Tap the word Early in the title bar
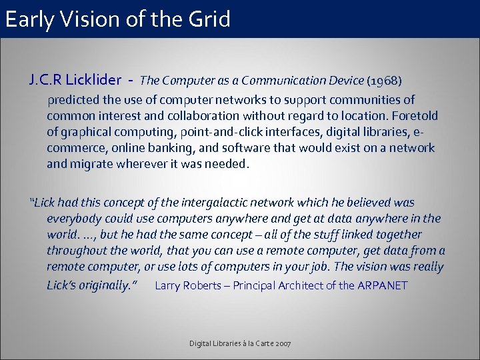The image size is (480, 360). tap(33, 19)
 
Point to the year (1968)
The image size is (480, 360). tap(384, 81)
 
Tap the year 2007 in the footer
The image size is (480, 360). tap(281, 343)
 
